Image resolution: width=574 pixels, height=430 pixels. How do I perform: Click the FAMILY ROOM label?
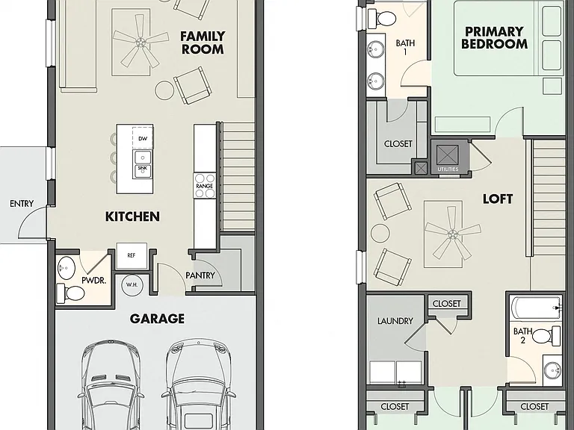(203, 43)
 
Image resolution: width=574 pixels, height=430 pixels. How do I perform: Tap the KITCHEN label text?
(132, 216)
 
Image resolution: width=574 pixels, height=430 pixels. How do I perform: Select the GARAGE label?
(157, 319)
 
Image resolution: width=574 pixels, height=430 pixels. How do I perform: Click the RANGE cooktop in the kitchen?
(205, 185)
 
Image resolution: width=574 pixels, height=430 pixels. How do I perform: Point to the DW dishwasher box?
(143, 137)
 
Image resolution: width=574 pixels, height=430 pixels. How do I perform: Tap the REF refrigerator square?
(132, 255)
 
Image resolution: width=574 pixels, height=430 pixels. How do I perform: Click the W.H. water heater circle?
(132, 284)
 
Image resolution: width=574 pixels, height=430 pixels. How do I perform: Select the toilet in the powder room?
(71, 293)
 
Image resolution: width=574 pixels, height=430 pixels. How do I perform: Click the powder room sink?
(67, 268)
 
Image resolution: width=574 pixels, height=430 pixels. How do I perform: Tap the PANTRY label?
(200, 275)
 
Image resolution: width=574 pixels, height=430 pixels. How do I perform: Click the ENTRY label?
(22, 204)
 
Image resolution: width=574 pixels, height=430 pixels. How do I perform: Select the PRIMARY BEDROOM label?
(494, 37)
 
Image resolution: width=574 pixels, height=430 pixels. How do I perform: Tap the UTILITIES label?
(448, 169)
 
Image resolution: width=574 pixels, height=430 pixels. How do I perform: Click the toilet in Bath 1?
(382, 18)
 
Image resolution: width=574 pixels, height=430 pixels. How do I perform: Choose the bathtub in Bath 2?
(537, 308)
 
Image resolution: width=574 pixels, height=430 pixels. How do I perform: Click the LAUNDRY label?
(395, 321)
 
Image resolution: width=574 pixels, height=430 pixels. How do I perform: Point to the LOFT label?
(498, 199)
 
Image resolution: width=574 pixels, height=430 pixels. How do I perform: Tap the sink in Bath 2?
(552, 370)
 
